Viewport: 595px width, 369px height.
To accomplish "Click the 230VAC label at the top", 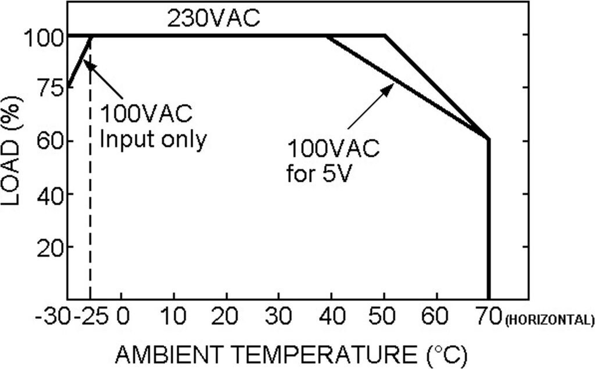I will [x=213, y=19].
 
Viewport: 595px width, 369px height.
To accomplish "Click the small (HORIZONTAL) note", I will [x=549, y=320].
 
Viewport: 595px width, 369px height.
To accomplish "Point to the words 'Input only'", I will [x=153, y=140].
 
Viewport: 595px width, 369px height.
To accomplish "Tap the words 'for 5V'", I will [x=319, y=173].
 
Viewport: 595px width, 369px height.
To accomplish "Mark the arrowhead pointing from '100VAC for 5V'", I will [x=390, y=87].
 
